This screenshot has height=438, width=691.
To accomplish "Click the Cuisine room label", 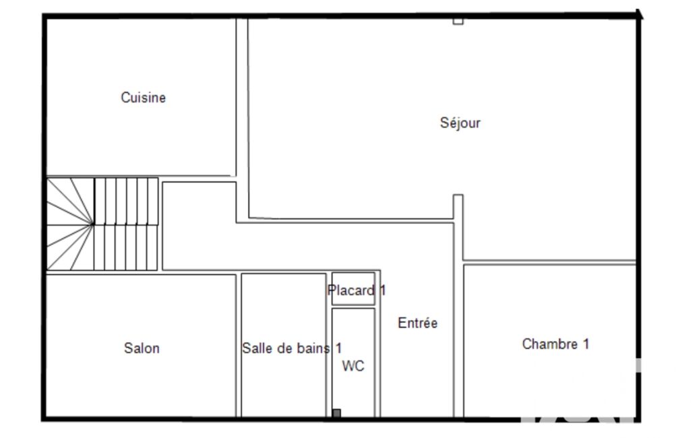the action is tap(143, 98).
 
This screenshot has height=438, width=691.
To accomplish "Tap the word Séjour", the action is tap(460, 123).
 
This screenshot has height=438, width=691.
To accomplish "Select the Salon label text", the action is tap(142, 348).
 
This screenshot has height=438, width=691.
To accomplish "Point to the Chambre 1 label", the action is tap(555, 344).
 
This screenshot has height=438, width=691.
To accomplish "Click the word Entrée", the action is tap(417, 323).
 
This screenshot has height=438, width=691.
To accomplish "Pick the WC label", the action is tap(353, 366).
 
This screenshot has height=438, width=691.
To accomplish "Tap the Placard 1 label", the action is tap(357, 290).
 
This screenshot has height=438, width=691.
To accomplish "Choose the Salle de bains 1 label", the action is tap(292, 348).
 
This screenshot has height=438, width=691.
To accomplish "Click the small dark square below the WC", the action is tap(336, 413).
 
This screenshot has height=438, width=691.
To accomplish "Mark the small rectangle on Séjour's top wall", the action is tap(458, 21).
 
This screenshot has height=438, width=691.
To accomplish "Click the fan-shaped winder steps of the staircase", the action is tap(70, 224).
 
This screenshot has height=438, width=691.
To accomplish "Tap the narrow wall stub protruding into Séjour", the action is tap(458, 207).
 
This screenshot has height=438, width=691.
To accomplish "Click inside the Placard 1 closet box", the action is tap(353, 288).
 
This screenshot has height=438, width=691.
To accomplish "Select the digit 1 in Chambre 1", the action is tap(586, 344).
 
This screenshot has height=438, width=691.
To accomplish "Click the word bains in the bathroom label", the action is tap(313, 348).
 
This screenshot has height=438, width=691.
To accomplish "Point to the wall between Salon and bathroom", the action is tap(239, 345).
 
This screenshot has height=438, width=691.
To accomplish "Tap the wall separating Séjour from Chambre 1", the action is tap(549, 262).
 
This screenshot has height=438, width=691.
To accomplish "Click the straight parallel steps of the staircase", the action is tap(126, 224).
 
